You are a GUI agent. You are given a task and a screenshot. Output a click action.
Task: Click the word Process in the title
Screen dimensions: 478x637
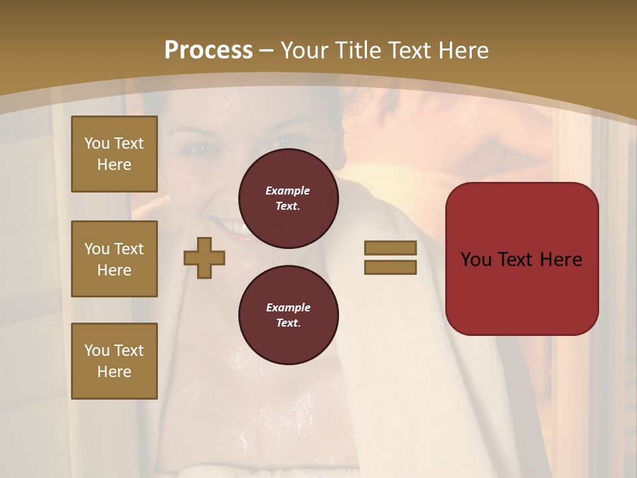(x=208, y=50)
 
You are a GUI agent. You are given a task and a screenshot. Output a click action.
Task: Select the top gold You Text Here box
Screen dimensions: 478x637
(x=114, y=154)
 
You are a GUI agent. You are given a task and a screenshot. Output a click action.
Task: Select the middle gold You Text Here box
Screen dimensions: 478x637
(x=114, y=259)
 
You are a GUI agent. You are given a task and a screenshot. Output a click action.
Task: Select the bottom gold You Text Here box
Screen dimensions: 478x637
(x=114, y=361)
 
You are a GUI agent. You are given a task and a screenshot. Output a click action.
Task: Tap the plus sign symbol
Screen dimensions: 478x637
(x=204, y=258)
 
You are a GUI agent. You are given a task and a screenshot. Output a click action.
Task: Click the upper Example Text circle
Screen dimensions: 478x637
(x=288, y=199)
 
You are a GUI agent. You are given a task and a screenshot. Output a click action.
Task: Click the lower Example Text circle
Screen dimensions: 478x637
(x=288, y=315)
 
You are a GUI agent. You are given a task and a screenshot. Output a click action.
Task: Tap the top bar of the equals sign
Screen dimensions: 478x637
(x=390, y=248)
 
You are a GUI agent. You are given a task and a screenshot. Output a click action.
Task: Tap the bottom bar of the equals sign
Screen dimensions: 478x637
(x=390, y=267)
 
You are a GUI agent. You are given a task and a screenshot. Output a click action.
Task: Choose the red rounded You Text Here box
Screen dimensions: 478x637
(x=522, y=259)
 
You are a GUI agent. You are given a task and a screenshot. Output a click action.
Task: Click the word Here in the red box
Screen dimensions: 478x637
(x=561, y=260)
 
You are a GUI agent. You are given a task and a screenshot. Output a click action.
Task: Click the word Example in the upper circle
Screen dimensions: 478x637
(x=288, y=191)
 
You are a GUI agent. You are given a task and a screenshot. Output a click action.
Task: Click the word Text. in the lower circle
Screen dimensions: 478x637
(x=288, y=323)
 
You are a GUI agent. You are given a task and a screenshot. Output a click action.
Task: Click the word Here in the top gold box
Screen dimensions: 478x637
(x=114, y=165)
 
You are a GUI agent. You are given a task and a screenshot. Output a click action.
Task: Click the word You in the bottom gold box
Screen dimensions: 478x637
(x=97, y=351)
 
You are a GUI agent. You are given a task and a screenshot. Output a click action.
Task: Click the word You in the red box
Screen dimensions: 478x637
(x=476, y=260)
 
